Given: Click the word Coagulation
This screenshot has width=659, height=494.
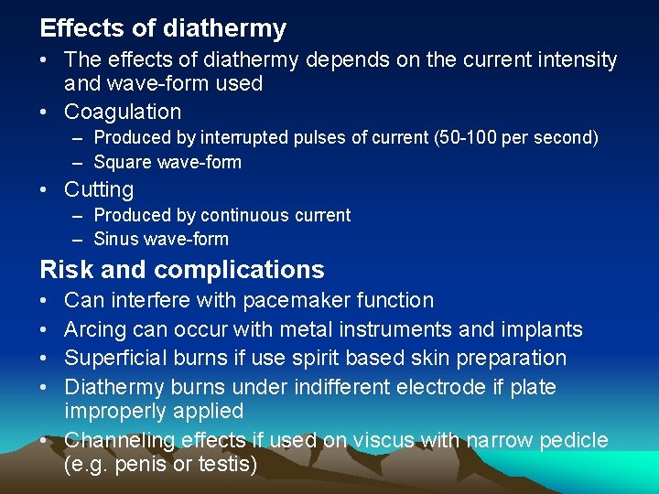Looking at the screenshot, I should click(123, 113).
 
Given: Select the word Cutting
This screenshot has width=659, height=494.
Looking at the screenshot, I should click(99, 190).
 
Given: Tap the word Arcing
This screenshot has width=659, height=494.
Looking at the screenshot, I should click(96, 329).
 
